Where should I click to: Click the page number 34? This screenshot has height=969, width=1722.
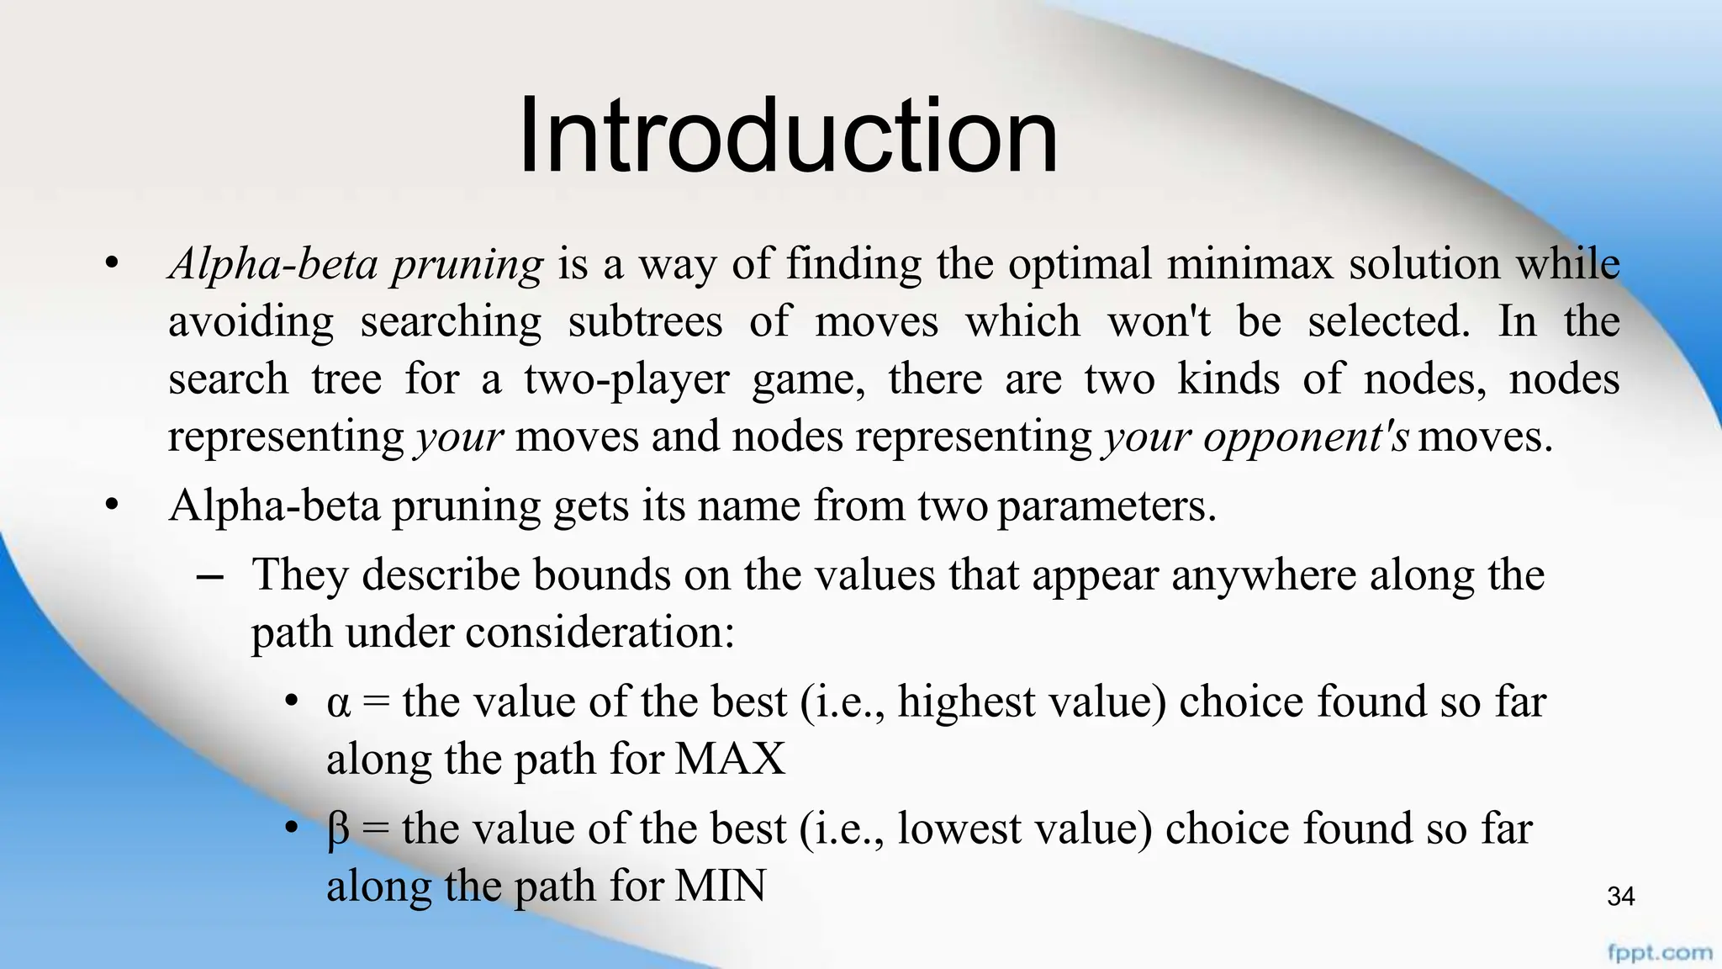(1620, 897)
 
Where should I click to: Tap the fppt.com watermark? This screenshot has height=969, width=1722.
(1659, 953)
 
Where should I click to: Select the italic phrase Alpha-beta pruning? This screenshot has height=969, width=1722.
(357, 265)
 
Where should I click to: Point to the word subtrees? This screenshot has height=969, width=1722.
(645, 322)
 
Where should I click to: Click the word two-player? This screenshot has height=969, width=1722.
(626, 379)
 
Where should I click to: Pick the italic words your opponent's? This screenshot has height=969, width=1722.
(1255, 437)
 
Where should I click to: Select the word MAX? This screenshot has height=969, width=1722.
(730, 759)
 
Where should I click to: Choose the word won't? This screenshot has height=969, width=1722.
(1159, 322)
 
